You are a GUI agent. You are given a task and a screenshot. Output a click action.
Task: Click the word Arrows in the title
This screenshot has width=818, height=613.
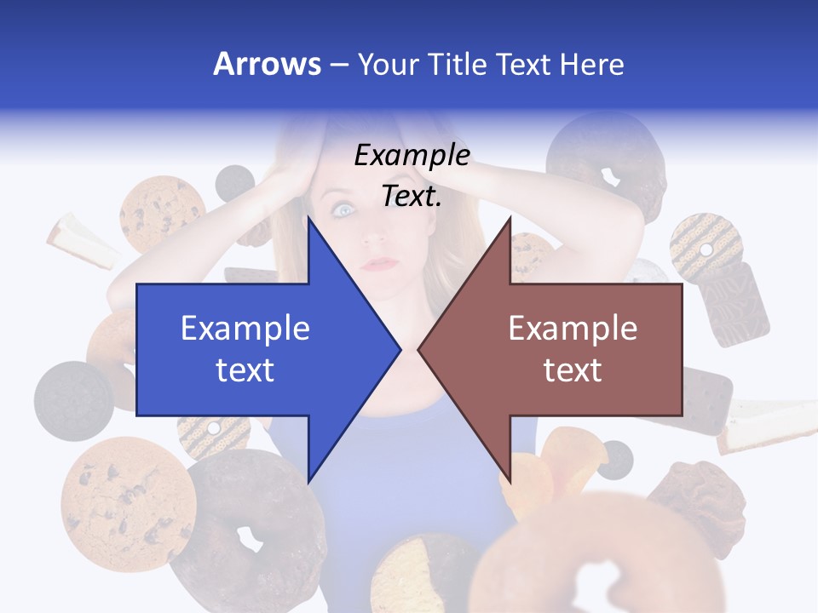(x=268, y=64)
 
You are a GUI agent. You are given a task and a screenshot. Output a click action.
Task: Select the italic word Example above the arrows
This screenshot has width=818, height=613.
(x=412, y=156)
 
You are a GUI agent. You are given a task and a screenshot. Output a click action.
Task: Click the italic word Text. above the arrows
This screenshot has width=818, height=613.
(x=412, y=197)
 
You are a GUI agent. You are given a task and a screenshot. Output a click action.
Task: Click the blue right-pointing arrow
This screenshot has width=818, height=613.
(x=256, y=349)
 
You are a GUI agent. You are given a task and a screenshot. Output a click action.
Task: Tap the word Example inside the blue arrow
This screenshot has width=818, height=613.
(x=245, y=328)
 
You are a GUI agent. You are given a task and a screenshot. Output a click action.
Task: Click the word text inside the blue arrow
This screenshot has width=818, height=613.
(x=245, y=370)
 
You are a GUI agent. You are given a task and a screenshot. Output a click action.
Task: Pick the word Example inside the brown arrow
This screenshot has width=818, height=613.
(x=573, y=328)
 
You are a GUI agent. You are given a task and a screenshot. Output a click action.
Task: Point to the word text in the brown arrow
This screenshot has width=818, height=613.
(x=573, y=370)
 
